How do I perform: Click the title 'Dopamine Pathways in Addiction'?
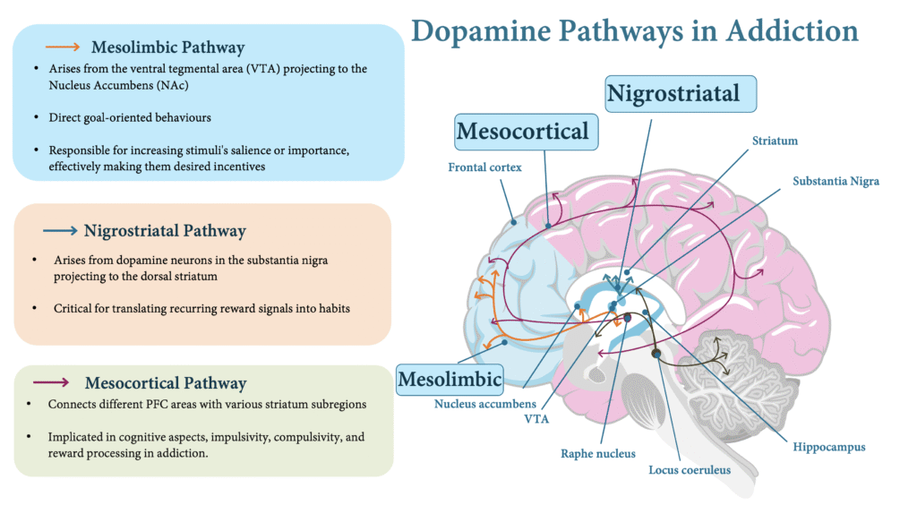click(x=634, y=30)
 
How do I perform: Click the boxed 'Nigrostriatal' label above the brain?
click(x=681, y=93)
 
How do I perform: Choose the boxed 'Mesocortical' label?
click(x=523, y=132)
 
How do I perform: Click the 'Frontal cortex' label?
click(x=484, y=167)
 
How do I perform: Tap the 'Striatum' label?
click(x=775, y=141)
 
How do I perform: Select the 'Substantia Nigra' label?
click(x=836, y=181)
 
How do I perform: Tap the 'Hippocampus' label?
click(x=828, y=446)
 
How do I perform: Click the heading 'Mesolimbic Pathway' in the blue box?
click(x=167, y=47)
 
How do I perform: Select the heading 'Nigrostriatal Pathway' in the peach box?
click(x=165, y=230)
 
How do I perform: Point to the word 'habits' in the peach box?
click(x=328, y=308)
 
